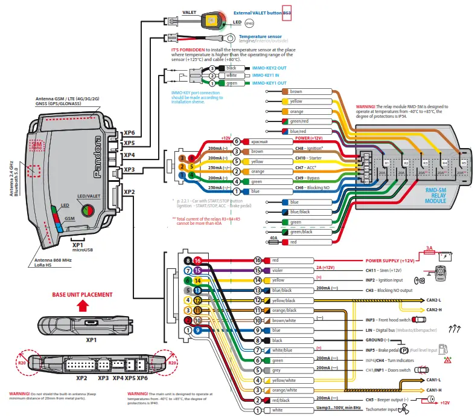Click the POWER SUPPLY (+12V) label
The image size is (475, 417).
coord(389,260)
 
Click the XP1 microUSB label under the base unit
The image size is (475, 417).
coord(75,248)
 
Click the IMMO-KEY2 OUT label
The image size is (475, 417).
coord(269,68)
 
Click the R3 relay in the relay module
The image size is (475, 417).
coord(424,163)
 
